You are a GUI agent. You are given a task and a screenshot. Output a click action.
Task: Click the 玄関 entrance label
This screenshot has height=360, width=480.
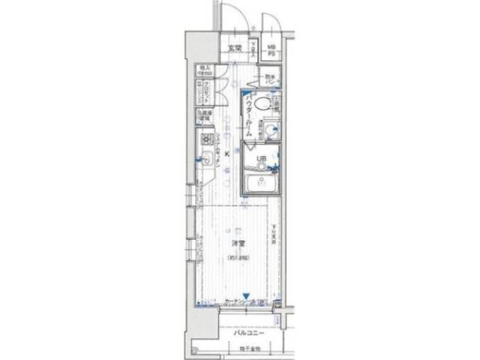[234, 49]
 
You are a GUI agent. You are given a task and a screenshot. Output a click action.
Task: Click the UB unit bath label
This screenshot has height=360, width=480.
[262, 158]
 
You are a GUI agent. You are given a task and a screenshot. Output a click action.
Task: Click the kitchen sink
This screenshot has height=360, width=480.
[205, 157]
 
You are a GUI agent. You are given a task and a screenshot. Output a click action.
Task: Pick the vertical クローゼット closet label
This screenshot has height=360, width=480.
[204, 91]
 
